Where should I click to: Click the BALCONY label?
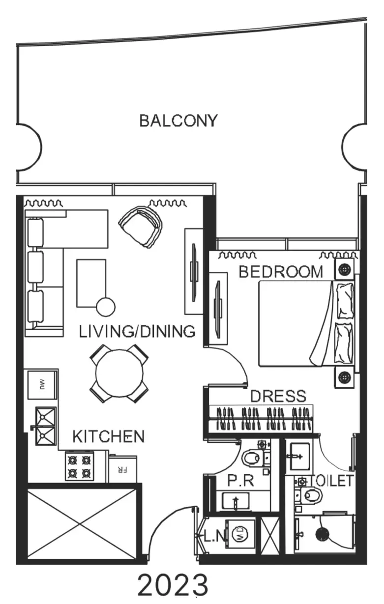tap(178, 120)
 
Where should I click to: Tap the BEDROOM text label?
tap(281, 272)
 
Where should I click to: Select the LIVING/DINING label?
tap(137, 331)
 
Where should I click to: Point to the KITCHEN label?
tap(109, 436)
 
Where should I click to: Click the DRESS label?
tap(278, 396)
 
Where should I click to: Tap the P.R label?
tap(241, 481)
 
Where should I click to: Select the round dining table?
tap(119, 374)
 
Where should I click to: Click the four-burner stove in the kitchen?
tap(79, 466)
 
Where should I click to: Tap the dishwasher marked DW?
tap(42, 385)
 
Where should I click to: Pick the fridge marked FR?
tap(123, 469)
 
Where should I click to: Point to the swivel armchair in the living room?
tap(141, 227)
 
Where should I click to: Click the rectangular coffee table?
tap(91, 284)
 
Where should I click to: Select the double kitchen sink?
tap(46, 426)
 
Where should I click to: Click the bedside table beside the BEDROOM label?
tap(344, 269)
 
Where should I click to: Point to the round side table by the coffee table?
tap(106, 307)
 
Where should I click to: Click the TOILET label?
tap(332, 481)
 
